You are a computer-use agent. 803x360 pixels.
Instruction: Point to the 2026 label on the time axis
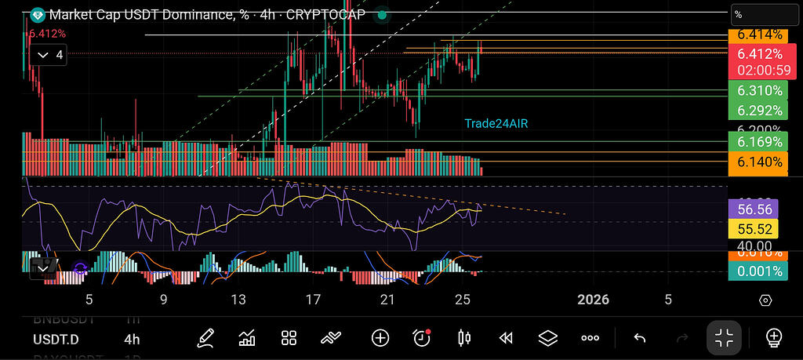[593, 300]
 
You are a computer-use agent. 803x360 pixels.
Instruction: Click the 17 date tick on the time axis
[313, 300]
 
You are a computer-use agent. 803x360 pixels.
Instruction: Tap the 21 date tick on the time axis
[387, 300]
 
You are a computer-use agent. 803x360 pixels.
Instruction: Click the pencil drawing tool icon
[205, 338]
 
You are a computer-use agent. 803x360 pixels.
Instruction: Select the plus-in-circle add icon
[380, 338]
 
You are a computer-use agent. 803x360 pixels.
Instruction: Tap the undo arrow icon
[639, 338]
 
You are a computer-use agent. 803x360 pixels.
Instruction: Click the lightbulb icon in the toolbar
[774, 338]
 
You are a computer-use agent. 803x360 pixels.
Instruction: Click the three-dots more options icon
[590, 338]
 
